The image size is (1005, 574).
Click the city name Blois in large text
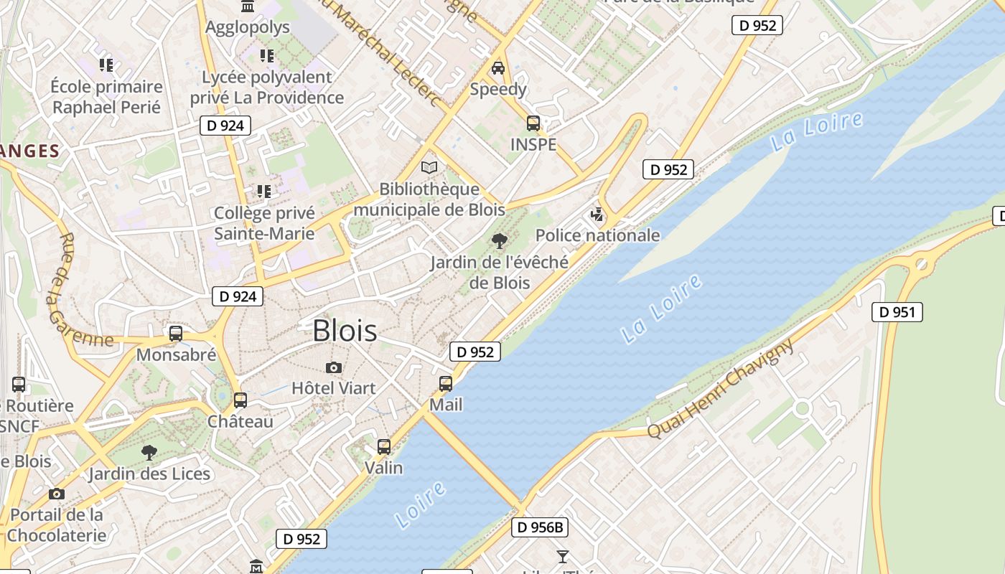[345, 330]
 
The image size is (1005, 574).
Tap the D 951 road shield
[897, 312]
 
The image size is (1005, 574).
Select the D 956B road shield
[541, 527]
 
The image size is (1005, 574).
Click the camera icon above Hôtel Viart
[333, 368]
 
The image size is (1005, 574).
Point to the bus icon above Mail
[446, 384]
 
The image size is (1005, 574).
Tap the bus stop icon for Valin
[384, 447]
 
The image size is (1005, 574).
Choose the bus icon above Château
[240, 400]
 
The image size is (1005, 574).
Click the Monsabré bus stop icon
[176, 334]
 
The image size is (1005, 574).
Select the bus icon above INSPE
[533, 123]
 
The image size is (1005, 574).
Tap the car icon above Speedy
[497, 68]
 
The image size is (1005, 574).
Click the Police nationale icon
[597, 215]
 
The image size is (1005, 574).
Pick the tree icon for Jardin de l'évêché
[499, 241]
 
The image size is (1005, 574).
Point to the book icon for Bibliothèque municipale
[429, 168]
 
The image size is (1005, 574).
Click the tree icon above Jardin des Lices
[149, 452]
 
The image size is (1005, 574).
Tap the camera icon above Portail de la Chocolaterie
[57, 494]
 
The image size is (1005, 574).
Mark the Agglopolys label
[248, 27]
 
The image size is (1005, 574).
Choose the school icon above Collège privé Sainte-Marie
[264, 192]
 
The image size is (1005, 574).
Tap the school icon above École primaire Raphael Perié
[106, 65]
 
